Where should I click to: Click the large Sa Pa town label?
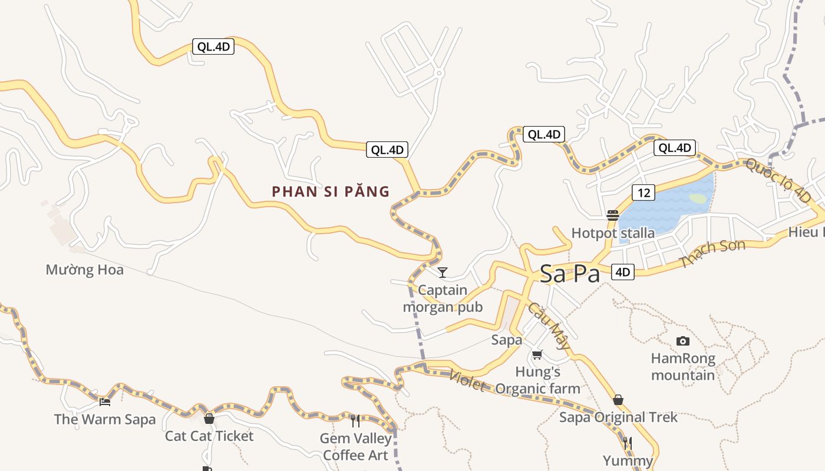[x=570, y=274]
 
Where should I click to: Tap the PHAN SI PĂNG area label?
[x=331, y=191]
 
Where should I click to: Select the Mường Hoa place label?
[x=85, y=270]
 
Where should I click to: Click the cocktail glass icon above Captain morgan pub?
[x=443, y=273]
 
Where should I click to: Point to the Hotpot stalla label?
[x=613, y=233]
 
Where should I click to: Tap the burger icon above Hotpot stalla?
[x=613, y=215]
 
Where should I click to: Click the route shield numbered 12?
[x=643, y=192]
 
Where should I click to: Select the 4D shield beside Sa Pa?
[x=623, y=272]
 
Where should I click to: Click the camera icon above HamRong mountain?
[x=683, y=341]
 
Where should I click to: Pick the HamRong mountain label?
[x=683, y=367]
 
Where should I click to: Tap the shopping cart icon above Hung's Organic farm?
[x=537, y=354]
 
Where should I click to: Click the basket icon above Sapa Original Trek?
[x=618, y=400]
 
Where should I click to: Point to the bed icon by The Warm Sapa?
[x=105, y=402]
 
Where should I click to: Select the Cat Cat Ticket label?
[x=209, y=436]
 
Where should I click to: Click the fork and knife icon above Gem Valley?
[x=355, y=420]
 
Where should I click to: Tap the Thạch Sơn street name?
[x=712, y=254]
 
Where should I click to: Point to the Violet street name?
[x=467, y=380]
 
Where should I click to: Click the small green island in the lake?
[x=698, y=199]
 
